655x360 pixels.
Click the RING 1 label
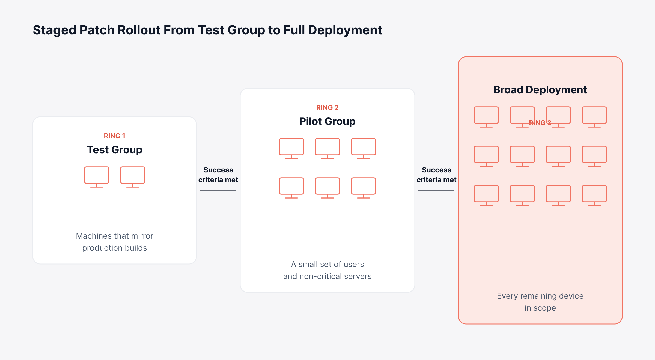(x=114, y=136)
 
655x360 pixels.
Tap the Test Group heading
(x=115, y=150)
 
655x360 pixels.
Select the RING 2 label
(x=327, y=107)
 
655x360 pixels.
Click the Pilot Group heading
(x=327, y=121)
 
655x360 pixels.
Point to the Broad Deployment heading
(x=540, y=90)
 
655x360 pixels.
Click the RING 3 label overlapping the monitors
(x=540, y=123)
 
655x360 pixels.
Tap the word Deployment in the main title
(x=345, y=31)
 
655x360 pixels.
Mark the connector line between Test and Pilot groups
(x=218, y=191)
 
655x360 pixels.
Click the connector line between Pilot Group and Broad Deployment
(x=436, y=191)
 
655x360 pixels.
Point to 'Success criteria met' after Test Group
(x=218, y=175)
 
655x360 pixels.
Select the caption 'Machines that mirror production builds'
(x=115, y=242)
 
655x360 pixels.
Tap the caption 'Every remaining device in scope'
(x=540, y=302)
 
